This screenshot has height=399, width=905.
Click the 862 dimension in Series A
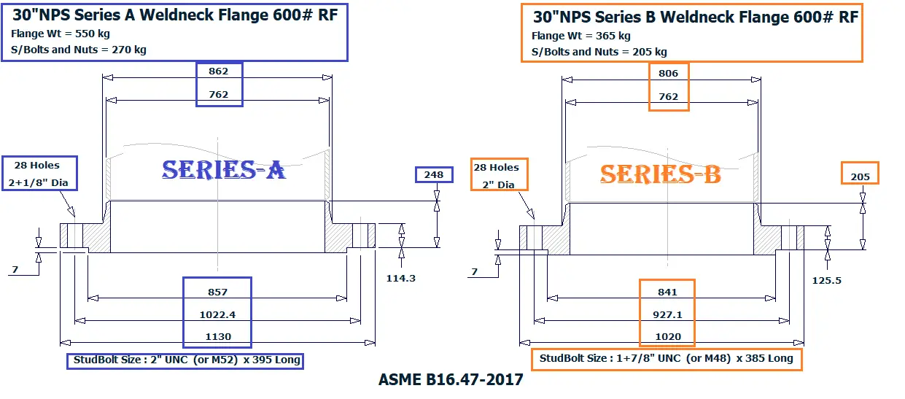coord(219,71)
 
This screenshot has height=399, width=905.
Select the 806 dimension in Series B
coord(668,73)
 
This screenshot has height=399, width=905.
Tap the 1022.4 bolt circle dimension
coord(217,314)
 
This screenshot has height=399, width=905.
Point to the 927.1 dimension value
coord(667,314)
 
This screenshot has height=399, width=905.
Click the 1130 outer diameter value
coord(217,336)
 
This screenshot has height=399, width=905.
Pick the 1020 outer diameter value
coord(667,336)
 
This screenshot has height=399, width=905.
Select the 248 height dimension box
coord(434,175)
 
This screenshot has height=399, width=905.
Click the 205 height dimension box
coord(860,176)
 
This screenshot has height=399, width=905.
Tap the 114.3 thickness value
coord(400,278)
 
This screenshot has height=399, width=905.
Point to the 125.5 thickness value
coord(826,280)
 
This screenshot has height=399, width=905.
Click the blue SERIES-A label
coord(223,170)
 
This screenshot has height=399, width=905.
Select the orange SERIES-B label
coord(660,174)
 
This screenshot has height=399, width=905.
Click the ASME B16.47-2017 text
coord(451,380)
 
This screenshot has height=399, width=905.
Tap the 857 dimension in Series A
coord(217,292)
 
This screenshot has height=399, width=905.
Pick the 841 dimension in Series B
coord(667,292)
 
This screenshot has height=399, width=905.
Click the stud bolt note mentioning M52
coord(185,360)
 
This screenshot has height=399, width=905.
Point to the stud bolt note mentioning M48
coord(666,359)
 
